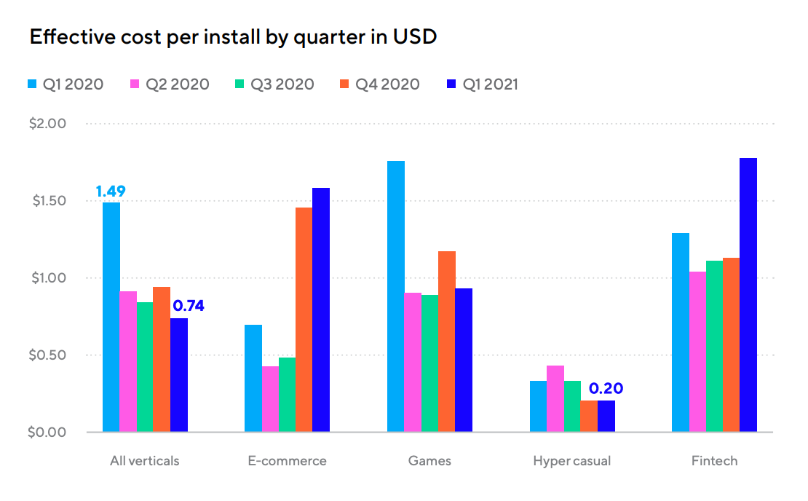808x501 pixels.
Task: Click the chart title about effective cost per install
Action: click(233, 36)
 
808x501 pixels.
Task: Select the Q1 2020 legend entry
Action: click(65, 84)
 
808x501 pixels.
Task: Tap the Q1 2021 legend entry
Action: click(481, 84)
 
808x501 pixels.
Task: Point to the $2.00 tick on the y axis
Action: click(48, 123)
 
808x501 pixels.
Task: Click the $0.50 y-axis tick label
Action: click(48, 355)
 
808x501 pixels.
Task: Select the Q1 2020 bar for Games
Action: click(395, 296)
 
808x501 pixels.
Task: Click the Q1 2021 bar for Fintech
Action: click(748, 295)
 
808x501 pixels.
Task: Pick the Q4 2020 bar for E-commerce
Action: click(304, 320)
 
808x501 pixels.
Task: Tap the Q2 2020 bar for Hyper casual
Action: click(555, 398)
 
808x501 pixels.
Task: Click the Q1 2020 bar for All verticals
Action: click(111, 317)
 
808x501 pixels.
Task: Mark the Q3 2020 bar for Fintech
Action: click(713, 346)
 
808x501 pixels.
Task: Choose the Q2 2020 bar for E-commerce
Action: click(270, 399)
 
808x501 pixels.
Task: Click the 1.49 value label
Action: click(111, 192)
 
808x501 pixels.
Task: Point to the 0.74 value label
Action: click(189, 306)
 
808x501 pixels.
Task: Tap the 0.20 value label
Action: click(606, 389)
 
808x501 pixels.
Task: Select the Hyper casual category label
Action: click(571, 461)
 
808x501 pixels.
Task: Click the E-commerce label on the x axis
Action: click(286, 461)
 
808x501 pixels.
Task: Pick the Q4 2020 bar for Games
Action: click(446, 342)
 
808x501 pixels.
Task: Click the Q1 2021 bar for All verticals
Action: click(179, 375)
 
